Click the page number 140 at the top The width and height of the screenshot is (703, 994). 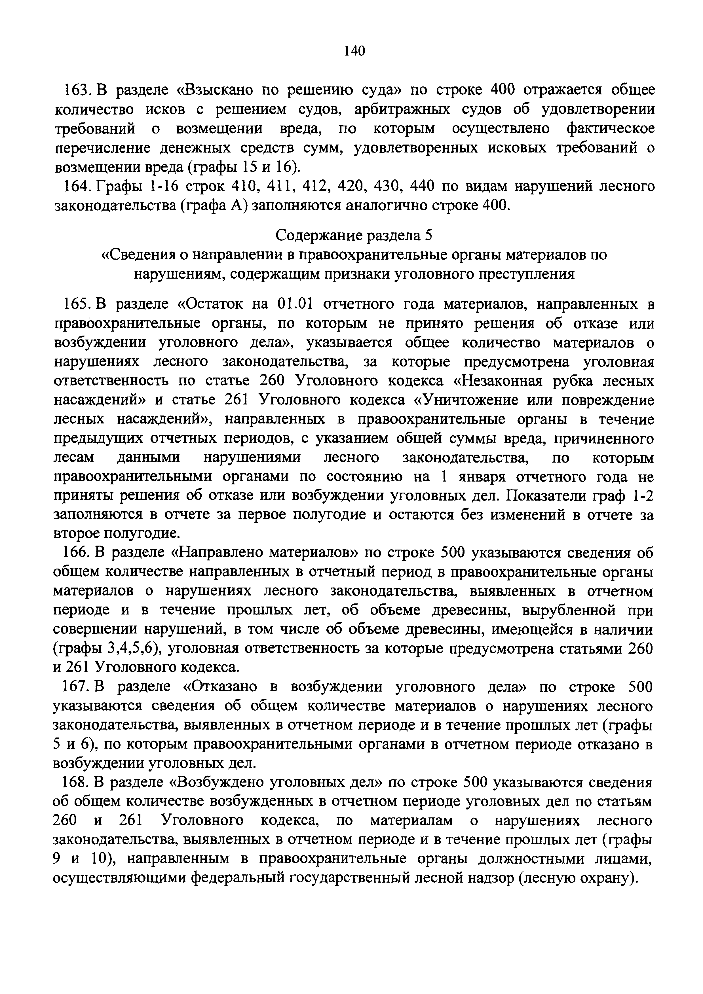354,51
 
